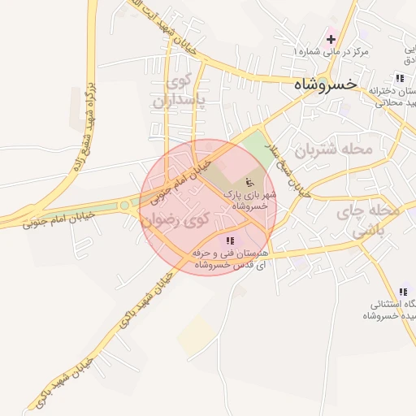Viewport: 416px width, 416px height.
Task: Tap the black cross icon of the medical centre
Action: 331,39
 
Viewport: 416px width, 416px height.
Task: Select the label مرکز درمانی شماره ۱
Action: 331,52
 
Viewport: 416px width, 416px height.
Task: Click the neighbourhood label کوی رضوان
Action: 174,219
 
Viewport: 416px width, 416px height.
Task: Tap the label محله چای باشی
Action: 375,220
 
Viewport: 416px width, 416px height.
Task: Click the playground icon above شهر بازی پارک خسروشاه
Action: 249,180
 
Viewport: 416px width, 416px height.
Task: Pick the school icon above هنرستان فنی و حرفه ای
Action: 230,240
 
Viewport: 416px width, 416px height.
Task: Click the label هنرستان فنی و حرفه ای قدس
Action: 231,258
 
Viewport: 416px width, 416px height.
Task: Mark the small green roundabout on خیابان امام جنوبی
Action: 124,206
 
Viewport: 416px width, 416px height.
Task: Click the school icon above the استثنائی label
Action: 402,292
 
